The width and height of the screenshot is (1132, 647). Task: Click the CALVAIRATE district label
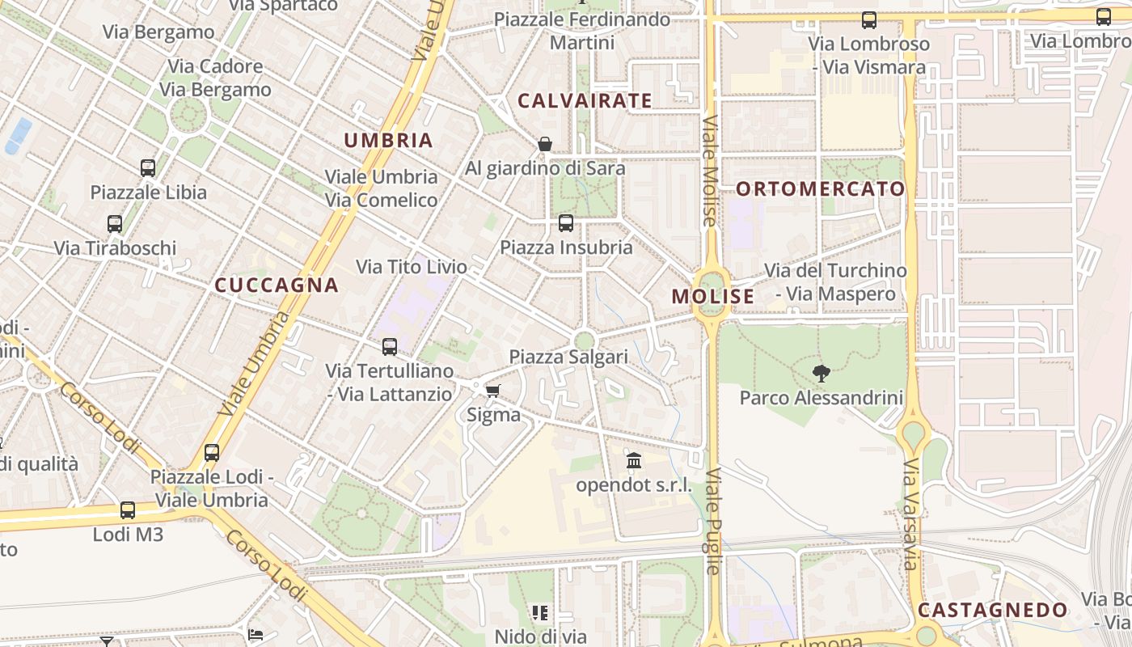(x=585, y=101)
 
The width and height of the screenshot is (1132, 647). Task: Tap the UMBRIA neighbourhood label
(x=389, y=140)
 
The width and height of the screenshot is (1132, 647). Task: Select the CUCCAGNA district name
(x=277, y=285)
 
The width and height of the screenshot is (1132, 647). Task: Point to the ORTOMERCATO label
(x=821, y=189)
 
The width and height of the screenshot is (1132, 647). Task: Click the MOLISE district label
(x=713, y=297)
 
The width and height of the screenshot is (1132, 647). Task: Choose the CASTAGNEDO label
(x=993, y=610)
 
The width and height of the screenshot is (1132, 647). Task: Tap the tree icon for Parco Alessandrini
(x=822, y=373)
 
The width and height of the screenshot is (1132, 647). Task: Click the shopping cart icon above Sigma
(x=492, y=391)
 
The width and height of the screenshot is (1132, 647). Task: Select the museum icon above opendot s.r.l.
(x=634, y=461)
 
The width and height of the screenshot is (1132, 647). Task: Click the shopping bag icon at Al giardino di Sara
(x=545, y=144)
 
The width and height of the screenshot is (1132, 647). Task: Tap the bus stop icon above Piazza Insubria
(x=566, y=223)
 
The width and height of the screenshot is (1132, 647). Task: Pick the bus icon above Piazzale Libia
(x=148, y=168)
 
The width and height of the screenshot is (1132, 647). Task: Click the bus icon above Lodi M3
(x=128, y=510)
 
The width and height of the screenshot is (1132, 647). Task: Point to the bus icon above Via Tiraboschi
(x=115, y=224)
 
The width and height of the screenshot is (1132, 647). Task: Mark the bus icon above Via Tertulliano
(x=390, y=347)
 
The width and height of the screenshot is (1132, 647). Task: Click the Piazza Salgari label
(x=568, y=357)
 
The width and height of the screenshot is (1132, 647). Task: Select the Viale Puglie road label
(x=712, y=522)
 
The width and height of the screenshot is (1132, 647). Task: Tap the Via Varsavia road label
(x=911, y=514)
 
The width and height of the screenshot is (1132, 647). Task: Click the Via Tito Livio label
(x=412, y=267)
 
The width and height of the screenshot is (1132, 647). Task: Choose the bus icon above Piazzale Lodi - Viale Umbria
(x=212, y=453)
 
